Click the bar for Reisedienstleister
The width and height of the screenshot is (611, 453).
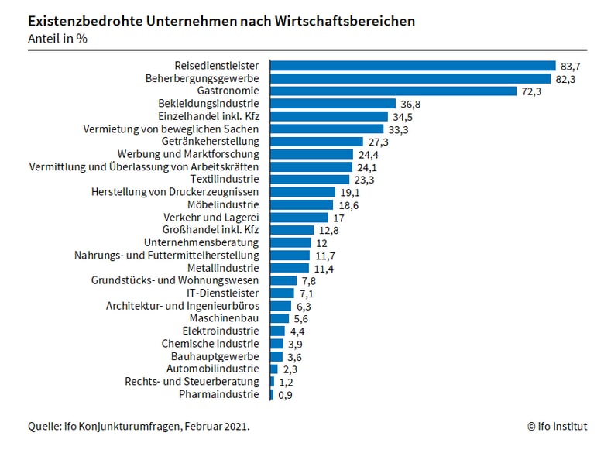pyautogui.click(x=413, y=66)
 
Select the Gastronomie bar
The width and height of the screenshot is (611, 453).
pyautogui.click(x=393, y=91)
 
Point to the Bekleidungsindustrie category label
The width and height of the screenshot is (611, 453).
pyautogui.click(x=208, y=104)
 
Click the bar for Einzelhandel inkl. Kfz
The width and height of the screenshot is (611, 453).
pyautogui.click(x=328, y=116)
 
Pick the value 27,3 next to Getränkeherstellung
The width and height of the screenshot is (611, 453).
pyautogui.click(x=378, y=142)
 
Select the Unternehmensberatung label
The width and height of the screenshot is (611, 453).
pyautogui.click(x=201, y=242)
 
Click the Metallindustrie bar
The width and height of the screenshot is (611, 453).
pyautogui.click(x=290, y=268)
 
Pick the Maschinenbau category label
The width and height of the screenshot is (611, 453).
pyautogui.click(x=224, y=318)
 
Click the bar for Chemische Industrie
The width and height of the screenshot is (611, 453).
pyautogui.click(x=276, y=344)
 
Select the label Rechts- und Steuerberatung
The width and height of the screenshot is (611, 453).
pyautogui.click(x=191, y=382)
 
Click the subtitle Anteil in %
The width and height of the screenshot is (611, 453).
pyautogui.click(x=57, y=39)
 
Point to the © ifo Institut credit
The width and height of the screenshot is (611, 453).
pyautogui.click(x=557, y=426)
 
